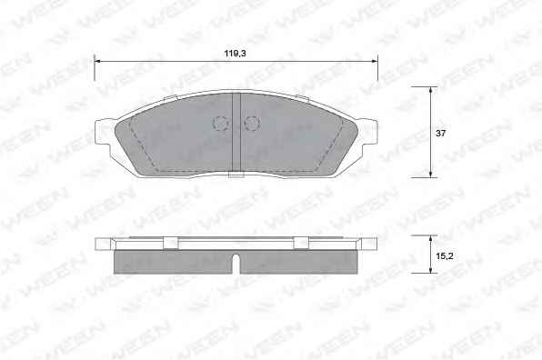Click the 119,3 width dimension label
pyautogui.click(x=235, y=54)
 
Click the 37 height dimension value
pyautogui.click(x=440, y=133)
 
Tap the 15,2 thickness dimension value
pyautogui.click(x=445, y=256)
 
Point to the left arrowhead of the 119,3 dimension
pyautogui.click(x=97, y=61)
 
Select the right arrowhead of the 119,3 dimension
pyautogui.click(x=375, y=61)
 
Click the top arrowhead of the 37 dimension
pyautogui.click(x=430, y=89)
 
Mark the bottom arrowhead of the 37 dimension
pyautogui.click(x=430, y=175)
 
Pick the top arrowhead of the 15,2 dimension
pyautogui.click(x=430, y=239)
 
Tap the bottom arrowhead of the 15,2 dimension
pyautogui.click(x=430, y=270)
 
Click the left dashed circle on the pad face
pyautogui.click(x=221, y=123)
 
